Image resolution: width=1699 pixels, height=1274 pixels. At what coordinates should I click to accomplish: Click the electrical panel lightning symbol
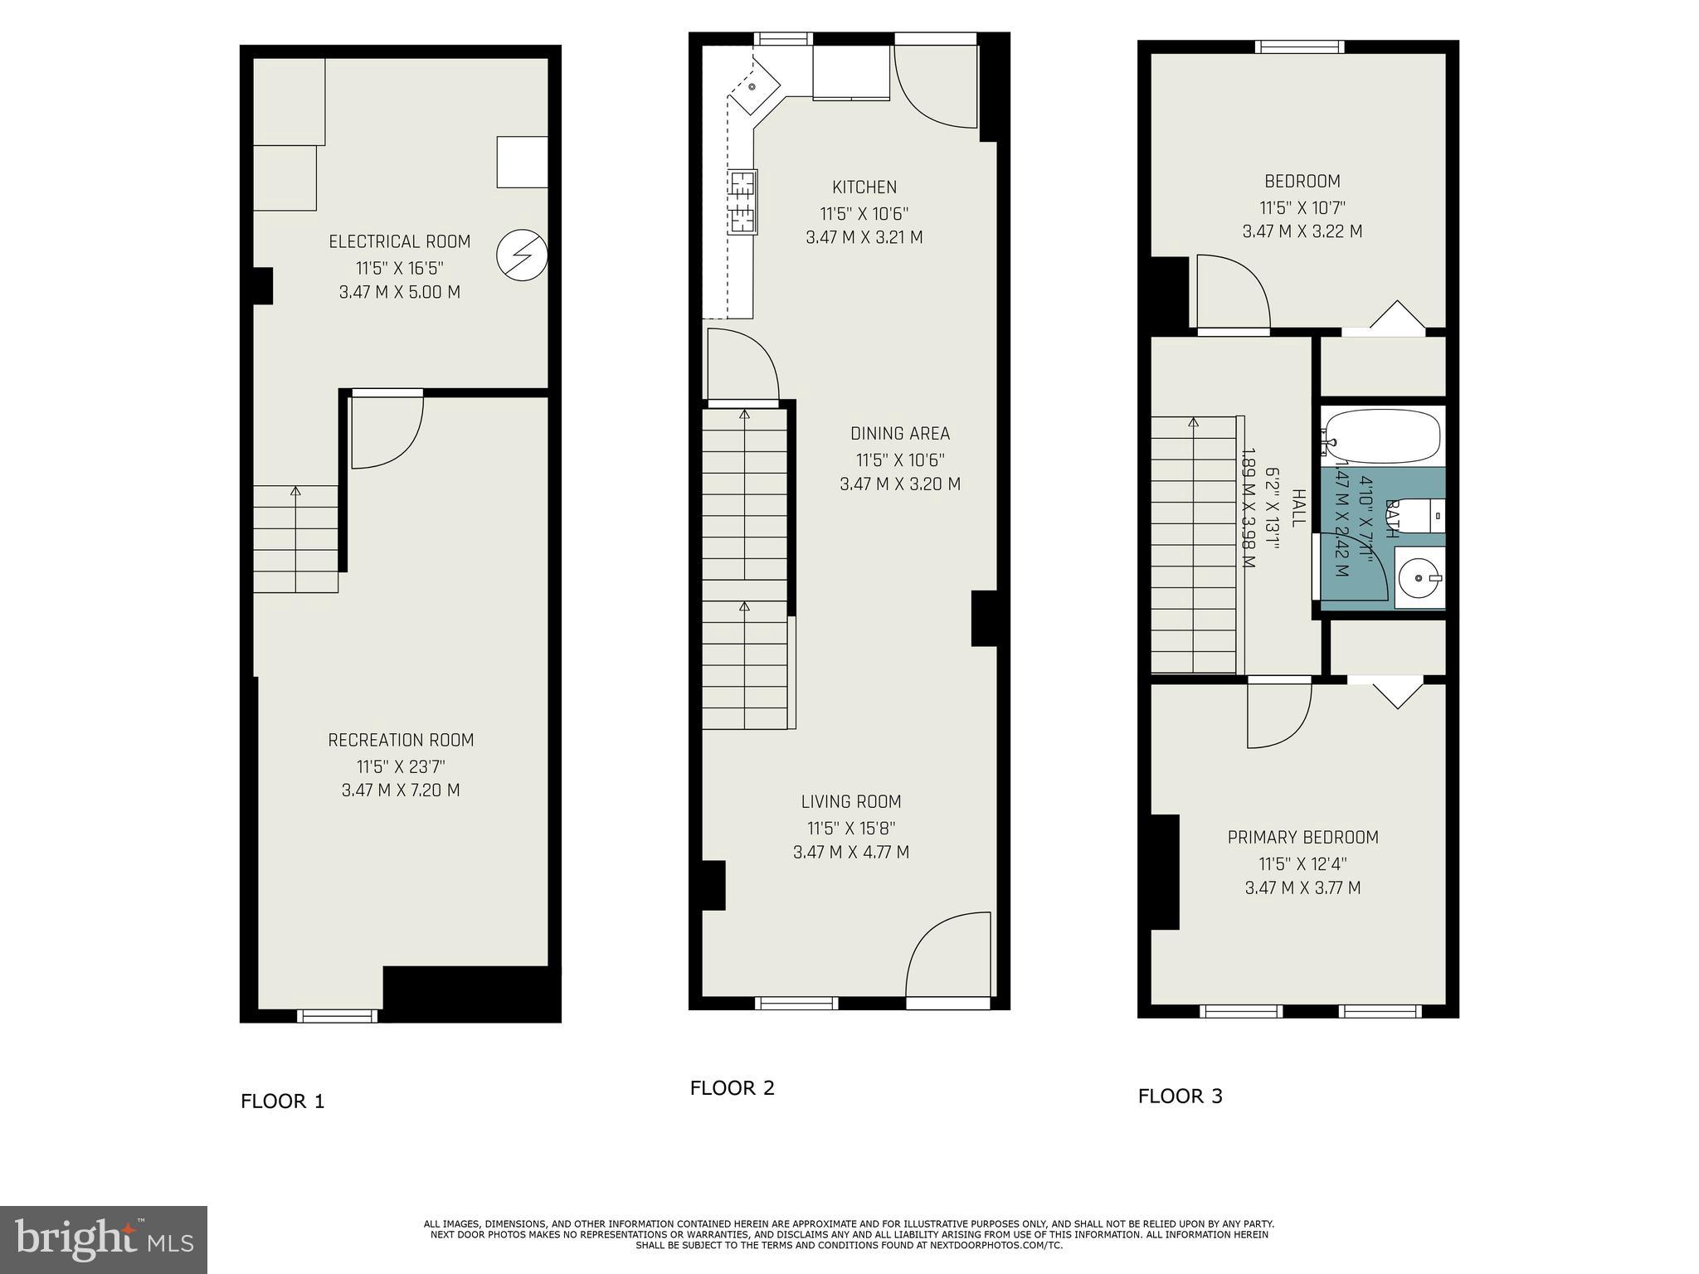[x=522, y=255]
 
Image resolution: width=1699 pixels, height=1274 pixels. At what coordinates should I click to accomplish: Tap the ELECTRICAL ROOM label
[x=399, y=241]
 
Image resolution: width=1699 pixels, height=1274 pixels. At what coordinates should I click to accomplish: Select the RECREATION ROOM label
[x=401, y=740]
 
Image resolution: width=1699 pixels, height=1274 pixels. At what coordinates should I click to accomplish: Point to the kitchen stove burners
[x=742, y=202]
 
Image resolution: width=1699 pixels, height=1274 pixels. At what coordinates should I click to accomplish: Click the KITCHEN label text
[x=864, y=187]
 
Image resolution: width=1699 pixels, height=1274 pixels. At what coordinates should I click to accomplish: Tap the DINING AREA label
[x=900, y=433]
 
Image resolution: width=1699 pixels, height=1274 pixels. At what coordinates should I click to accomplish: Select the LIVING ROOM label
[x=850, y=801]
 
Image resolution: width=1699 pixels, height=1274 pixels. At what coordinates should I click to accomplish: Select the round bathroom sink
[x=1419, y=576]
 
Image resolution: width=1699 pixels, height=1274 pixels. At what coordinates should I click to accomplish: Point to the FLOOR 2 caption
[x=732, y=1087]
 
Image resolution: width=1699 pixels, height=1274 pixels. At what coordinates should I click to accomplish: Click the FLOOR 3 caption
[x=1180, y=1096]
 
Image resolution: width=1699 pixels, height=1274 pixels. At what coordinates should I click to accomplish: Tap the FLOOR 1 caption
[x=282, y=1101]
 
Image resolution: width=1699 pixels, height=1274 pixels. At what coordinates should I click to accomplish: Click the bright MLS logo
[x=104, y=1239]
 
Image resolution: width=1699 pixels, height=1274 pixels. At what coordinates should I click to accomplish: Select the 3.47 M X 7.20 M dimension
[x=401, y=790]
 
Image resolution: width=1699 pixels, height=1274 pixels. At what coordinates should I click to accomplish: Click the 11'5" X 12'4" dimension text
[x=1302, y=863]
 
